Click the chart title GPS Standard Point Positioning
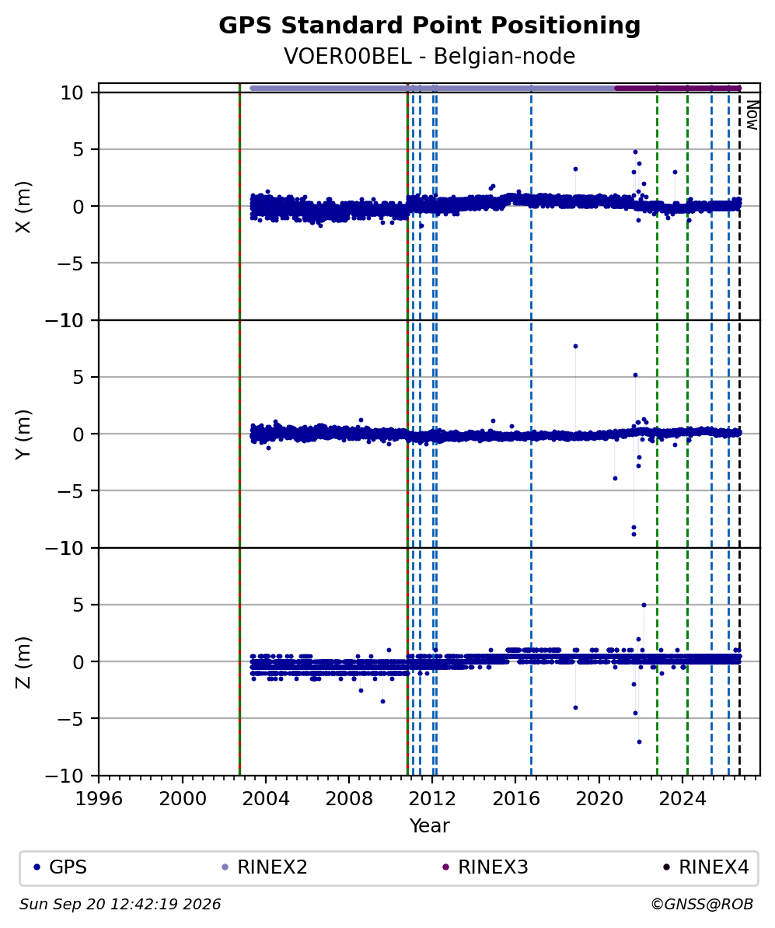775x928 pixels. (429, 26)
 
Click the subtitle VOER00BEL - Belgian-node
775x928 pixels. (429, 56)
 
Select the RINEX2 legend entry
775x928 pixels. (264, 867)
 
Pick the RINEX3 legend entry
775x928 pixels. (485, 867)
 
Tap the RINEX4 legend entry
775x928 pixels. (706, 867)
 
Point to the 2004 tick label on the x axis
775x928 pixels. (265, 798)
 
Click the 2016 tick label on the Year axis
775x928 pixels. (515, 798)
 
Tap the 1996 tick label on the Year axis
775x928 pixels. (99, 798)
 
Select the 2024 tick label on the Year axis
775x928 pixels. (682, 798)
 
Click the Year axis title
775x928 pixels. (429, 825)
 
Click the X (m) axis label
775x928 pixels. (23, 207)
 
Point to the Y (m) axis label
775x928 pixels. (23, 434)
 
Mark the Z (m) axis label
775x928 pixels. (23, 662)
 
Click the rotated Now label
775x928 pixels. (752, 115)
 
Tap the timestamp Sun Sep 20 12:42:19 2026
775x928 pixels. (120, 904)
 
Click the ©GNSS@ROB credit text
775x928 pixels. (702, 904)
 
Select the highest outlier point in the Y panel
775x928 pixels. (575, 346)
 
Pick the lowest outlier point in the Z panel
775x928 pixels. (639, 741)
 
